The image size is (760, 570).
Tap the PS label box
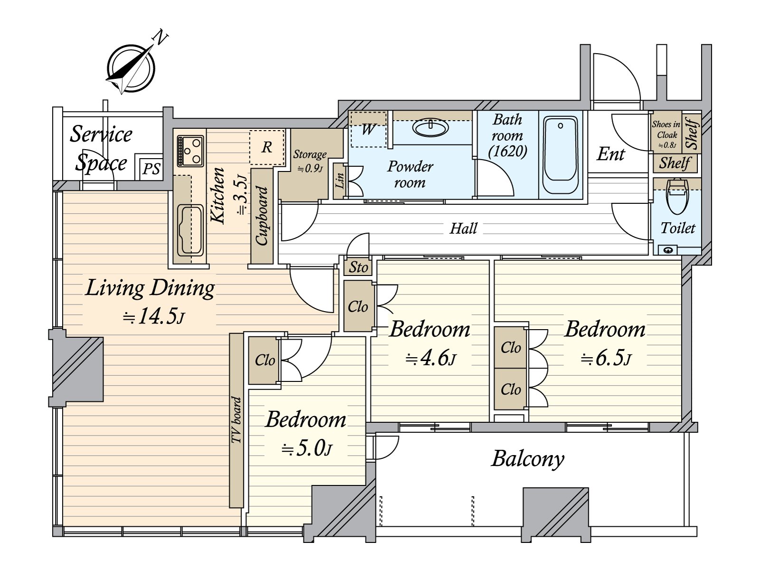click(151, 169)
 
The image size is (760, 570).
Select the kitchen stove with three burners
click(190, 151)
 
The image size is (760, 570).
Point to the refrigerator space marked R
click(267, 147)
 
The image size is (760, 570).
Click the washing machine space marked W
click(368, 129)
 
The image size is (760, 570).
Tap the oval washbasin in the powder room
click(431, 129)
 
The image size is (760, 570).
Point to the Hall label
click(463, 228)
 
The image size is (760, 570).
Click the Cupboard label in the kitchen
click(262, 216)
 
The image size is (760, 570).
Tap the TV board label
click(236, 420)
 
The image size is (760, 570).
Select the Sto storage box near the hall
click(358, 267)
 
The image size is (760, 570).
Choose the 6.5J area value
click(606, 359)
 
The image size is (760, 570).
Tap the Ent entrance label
click(610, 154)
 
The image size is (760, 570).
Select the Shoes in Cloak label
click(666, 134)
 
